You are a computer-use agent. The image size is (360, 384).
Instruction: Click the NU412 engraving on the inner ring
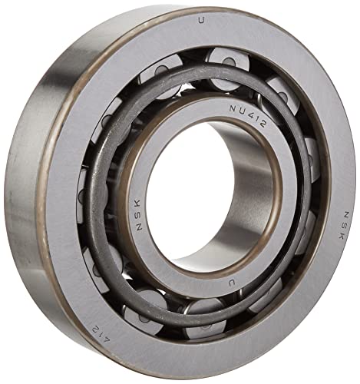[247, 116]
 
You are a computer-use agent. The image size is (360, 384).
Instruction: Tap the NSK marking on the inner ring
[140, 214]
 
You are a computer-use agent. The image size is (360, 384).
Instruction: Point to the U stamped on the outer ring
[202, 20]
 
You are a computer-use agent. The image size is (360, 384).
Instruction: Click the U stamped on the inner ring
[232, 283]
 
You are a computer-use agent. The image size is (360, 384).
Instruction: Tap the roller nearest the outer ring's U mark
[228, 68]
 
